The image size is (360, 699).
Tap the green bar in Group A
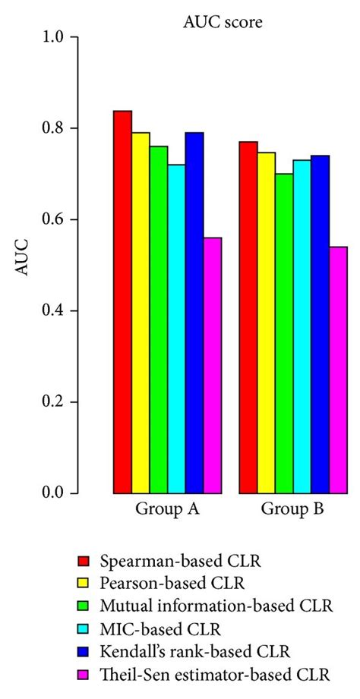pos(159,320)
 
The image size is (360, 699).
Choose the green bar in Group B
pos(284,333)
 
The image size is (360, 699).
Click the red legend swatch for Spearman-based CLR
pos(84,562)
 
